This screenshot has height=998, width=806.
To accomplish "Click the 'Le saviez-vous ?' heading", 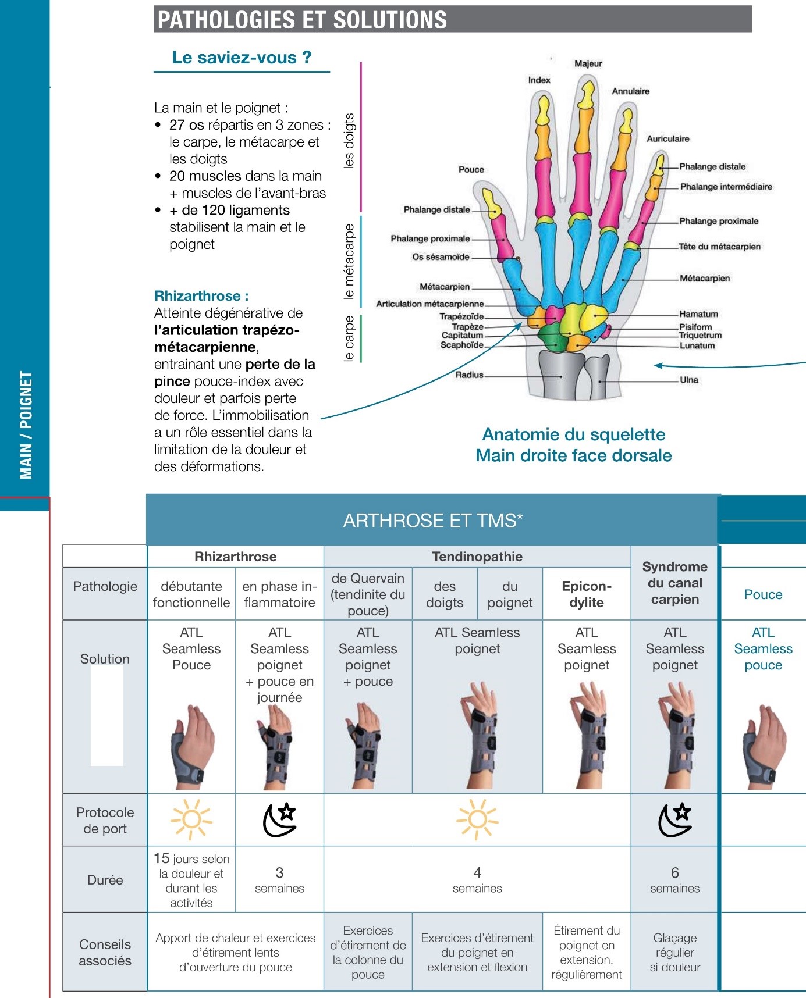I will click(242, 58).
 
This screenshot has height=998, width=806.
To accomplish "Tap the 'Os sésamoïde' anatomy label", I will click(441, 256).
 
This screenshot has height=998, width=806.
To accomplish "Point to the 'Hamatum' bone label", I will click(698, 314).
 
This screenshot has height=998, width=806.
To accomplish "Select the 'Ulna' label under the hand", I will click(689, 380).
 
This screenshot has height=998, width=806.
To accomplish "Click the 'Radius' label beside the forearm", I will click(469, 375).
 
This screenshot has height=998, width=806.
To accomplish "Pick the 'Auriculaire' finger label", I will click(667, 138).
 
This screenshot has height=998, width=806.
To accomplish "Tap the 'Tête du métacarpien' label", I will click(719, 247).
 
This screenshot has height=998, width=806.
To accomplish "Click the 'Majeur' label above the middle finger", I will click(588, 63).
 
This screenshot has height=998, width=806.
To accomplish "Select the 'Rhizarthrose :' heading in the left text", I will click(201, 296).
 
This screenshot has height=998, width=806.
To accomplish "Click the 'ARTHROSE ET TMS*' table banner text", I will click(433, 521).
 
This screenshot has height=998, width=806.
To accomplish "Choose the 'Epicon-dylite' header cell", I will click(587, 594).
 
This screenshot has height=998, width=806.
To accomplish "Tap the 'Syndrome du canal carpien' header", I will click(674, 583).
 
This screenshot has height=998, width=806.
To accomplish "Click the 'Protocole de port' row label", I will click(105, 820).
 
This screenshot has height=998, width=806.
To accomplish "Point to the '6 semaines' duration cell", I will click(674, 879).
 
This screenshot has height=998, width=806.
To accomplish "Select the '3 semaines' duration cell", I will click(279, 879).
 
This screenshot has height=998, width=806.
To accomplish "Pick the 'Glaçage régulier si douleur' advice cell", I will click(674, 952).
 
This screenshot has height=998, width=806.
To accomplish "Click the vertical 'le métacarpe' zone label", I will click(349, 262).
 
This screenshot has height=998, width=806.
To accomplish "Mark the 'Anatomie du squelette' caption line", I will click(573, 434).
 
